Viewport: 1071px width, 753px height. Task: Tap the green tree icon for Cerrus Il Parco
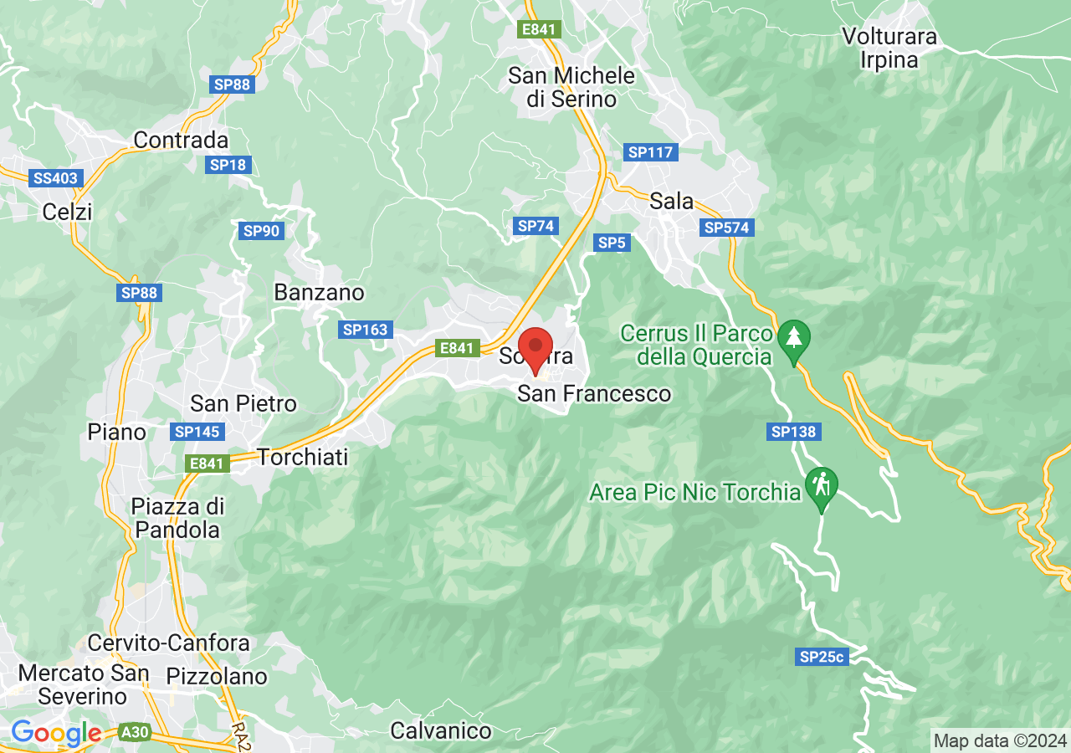(793, 338)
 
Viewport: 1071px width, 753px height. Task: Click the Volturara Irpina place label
(889, 49)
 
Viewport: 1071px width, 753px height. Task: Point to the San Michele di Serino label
(571, 87)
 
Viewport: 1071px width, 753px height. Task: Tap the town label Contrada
(181, 140)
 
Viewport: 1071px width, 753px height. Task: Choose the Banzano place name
(320, 292)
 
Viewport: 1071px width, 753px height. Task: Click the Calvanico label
(441, 730)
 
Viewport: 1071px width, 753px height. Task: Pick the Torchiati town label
(302, 457)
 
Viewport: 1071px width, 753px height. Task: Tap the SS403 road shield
(56, 178)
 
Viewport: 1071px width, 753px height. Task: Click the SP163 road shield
(366, 330)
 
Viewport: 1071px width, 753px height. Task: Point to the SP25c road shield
(822, 657)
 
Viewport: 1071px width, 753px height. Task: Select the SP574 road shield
(728, 228)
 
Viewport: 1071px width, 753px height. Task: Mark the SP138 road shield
(793, 432)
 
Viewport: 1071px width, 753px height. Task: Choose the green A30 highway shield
(134, 733)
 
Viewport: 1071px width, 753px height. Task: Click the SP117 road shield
(650, 152)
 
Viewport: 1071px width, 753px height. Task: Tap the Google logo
(56, 733)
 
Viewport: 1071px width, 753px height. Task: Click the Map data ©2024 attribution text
(1000, 740)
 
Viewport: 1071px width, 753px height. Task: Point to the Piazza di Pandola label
(177, 518)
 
